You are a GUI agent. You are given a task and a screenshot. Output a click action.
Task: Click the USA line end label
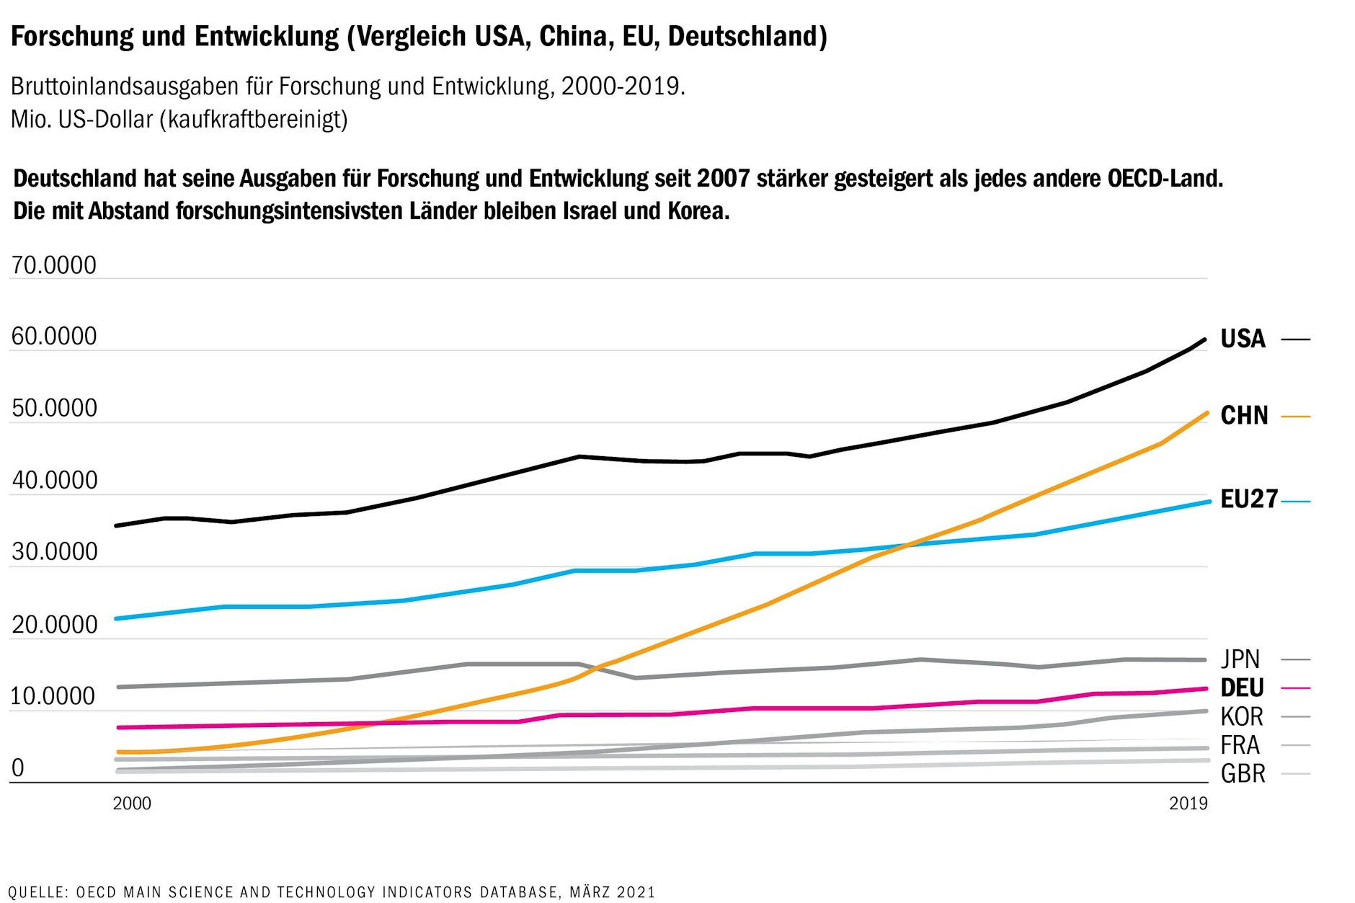pyautogui.click(x=1242, y=339)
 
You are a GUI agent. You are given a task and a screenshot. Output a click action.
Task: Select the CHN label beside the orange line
pyautogui.click(x=1243, y=416)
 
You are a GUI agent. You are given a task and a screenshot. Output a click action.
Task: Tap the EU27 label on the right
pyautogui.click(x=1248, y=499)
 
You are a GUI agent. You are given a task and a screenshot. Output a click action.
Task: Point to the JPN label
pyautogui.click(x=1240, y=659)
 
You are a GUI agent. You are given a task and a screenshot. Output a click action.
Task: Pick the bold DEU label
pyautogui.click(x=1241, y=688)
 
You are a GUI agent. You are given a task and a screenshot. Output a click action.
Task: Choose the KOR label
pyautogui.click(x=1241, y=717)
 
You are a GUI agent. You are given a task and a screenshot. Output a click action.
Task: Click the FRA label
pyautogui.click(x=1240, y=745)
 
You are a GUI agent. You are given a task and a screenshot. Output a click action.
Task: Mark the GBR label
pyautogui.click(x=1242, y=774)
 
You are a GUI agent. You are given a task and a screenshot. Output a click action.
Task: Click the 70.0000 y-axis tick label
pyautogui.click(x=53, y=266)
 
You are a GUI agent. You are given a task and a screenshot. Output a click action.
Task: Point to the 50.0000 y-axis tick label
pyautogui.click(x=53, y=409)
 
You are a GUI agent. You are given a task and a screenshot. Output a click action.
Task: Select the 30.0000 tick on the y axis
pyautogui.click(x=53, y=552)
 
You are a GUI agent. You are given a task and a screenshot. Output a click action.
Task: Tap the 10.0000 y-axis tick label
pyautogui.click(x=53, y=696)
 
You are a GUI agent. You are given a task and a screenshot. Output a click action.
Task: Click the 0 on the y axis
pyautogui.click(x=18, y=768)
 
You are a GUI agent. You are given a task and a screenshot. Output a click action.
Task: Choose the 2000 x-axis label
pyautogui.click(x=132, y=804)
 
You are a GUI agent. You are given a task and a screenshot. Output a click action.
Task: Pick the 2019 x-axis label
pyautogui.click(x=1188, y=804)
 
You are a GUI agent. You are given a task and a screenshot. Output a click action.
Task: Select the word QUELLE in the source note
pyautogui.click(x=36, y=892)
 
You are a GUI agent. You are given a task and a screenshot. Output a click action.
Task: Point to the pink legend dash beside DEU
pyautogui.click(x=1295, y=688)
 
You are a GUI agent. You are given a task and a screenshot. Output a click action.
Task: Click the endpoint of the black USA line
pyautogui.click(x=1204, y=339)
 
